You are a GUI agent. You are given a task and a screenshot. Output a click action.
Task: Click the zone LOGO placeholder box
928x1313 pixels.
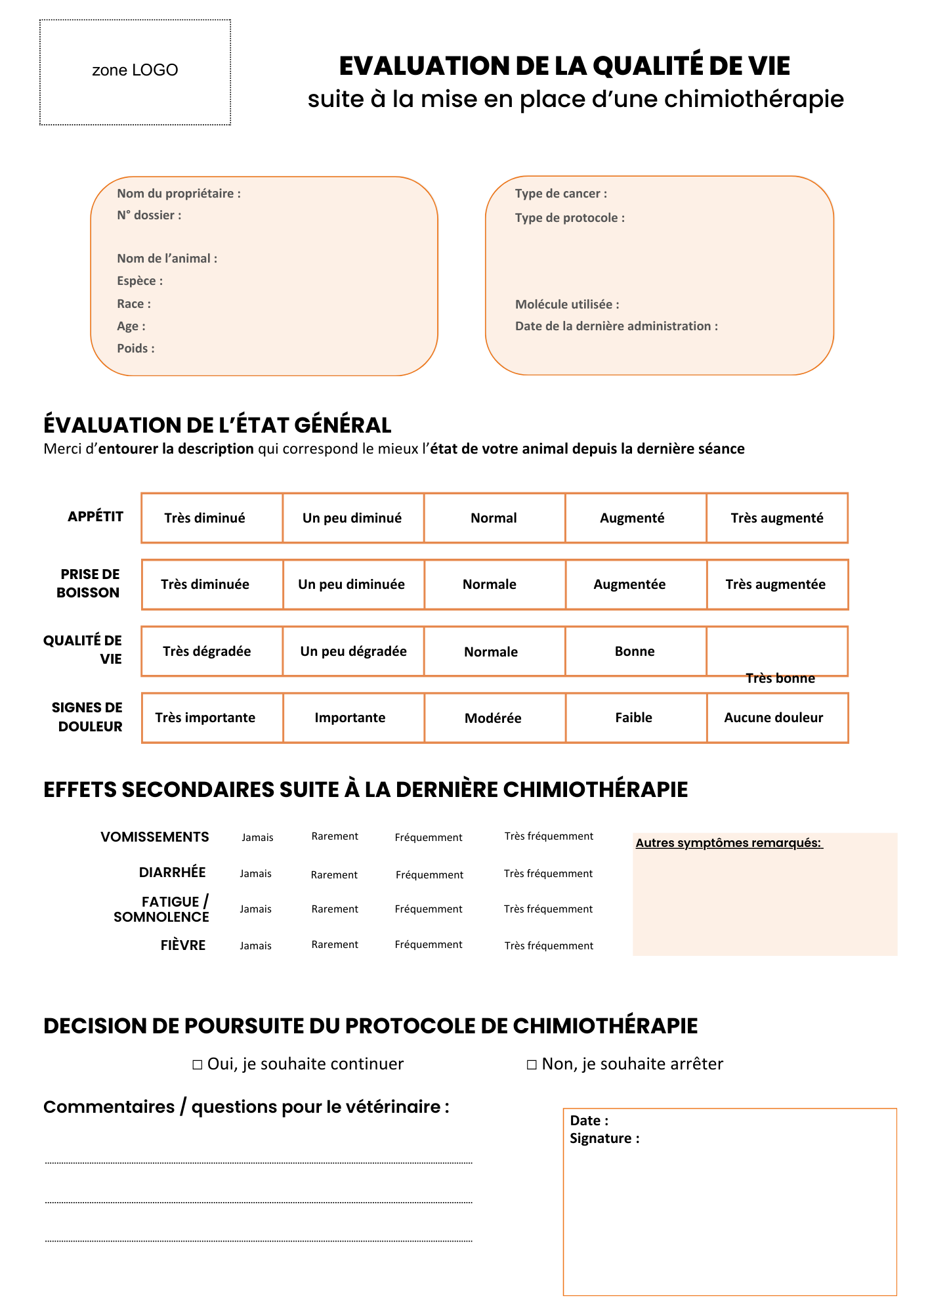(x=135, y=72)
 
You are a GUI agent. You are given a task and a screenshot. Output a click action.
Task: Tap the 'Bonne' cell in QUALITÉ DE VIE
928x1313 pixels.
(x=635, y=651)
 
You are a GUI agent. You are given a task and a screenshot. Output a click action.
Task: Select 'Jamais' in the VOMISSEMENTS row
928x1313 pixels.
(x=257, y=837)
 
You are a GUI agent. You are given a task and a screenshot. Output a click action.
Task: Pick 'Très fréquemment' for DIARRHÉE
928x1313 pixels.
(x=548, y=874)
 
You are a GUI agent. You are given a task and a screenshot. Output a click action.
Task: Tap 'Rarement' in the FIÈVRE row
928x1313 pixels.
(x=335, y=945)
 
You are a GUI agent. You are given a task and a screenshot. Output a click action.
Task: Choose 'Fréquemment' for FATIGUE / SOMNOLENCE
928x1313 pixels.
(x=429, y=909)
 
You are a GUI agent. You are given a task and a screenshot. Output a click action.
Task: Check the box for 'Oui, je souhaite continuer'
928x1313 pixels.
(x=198, y=1065)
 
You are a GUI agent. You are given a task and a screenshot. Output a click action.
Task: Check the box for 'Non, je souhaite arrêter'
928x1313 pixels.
(x=532, y=1065)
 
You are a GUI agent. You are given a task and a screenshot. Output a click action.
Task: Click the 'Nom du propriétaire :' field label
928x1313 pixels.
(x=179, y=194)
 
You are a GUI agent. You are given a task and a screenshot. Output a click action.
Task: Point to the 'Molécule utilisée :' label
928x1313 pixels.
(x=567, y=305)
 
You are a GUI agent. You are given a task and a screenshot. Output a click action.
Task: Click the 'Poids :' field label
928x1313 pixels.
(x=136, y=349)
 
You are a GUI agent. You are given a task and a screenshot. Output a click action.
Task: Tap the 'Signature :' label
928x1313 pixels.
(x=604, y=1138)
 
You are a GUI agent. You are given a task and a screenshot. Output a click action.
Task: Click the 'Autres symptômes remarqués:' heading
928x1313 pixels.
(x=728, y=843)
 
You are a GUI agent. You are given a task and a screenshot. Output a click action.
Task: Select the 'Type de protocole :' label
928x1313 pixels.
(x=570, y=218)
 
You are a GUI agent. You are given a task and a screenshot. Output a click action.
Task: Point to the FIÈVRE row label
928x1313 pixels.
(x=183, y=945)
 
